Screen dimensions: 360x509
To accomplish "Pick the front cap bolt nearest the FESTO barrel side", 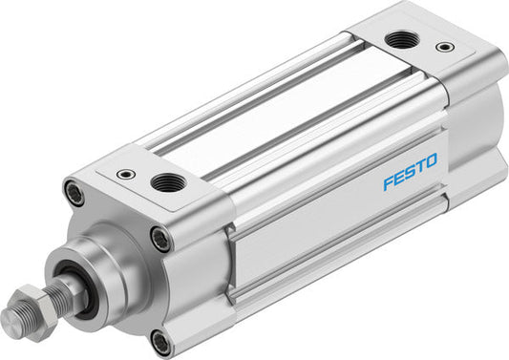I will click(x=160, y=239).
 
